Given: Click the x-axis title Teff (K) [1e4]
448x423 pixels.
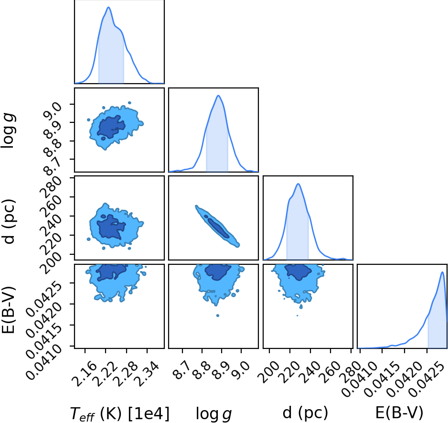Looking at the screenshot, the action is click(120, 413).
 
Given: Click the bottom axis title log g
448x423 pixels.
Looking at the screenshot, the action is click(213, 414).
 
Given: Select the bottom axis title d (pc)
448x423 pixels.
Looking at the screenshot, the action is click(305, 412).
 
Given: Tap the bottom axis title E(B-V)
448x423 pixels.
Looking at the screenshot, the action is click(399, 412).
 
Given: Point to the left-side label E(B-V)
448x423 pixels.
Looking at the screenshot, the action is click(8, 310).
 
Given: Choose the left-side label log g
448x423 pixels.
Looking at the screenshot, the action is click(9, 130).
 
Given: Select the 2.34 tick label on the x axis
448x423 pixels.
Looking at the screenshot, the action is click(147, 370).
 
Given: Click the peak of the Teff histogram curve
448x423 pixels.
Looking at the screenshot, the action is click(108, 7).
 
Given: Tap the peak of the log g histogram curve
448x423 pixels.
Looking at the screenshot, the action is click(218, 96).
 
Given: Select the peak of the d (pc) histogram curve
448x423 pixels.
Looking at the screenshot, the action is click(298, 184).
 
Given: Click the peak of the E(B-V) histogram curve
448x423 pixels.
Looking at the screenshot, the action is click(442, 272).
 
